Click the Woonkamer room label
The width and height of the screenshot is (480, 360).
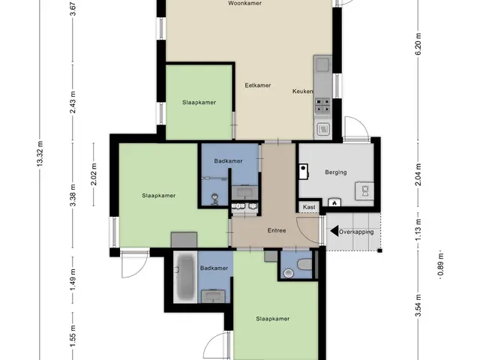tap(244, 3)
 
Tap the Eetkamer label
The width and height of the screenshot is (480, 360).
tap(258, 85)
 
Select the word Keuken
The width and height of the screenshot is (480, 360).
tap(302, 91)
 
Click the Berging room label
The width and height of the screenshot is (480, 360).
tap(336, 172)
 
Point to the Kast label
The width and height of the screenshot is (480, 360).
tap(309, 207)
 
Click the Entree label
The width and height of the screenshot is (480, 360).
tap(277, 230)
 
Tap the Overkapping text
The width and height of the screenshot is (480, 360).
tap(356, 232)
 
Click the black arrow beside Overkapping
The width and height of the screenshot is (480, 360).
tap(334, 231)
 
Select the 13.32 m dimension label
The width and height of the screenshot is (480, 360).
tap(40, 154)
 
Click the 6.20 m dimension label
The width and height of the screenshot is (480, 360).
tap(418, 43)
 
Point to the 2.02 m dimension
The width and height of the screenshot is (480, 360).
tap(94, 174)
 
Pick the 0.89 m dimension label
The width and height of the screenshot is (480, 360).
tap(441, 264)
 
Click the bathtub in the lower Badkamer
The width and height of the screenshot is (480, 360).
tap(185, 277)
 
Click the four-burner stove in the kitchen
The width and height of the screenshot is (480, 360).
tap(323, 106)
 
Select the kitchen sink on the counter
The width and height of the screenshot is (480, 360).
tap(322, 65)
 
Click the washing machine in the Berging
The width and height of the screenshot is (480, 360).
tap(364, 191)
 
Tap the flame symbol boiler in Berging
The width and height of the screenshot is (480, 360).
tap(334, 202)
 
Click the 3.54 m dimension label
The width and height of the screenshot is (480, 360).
tap(418, 305)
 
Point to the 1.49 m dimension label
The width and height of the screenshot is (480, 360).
tap(73, 280)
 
